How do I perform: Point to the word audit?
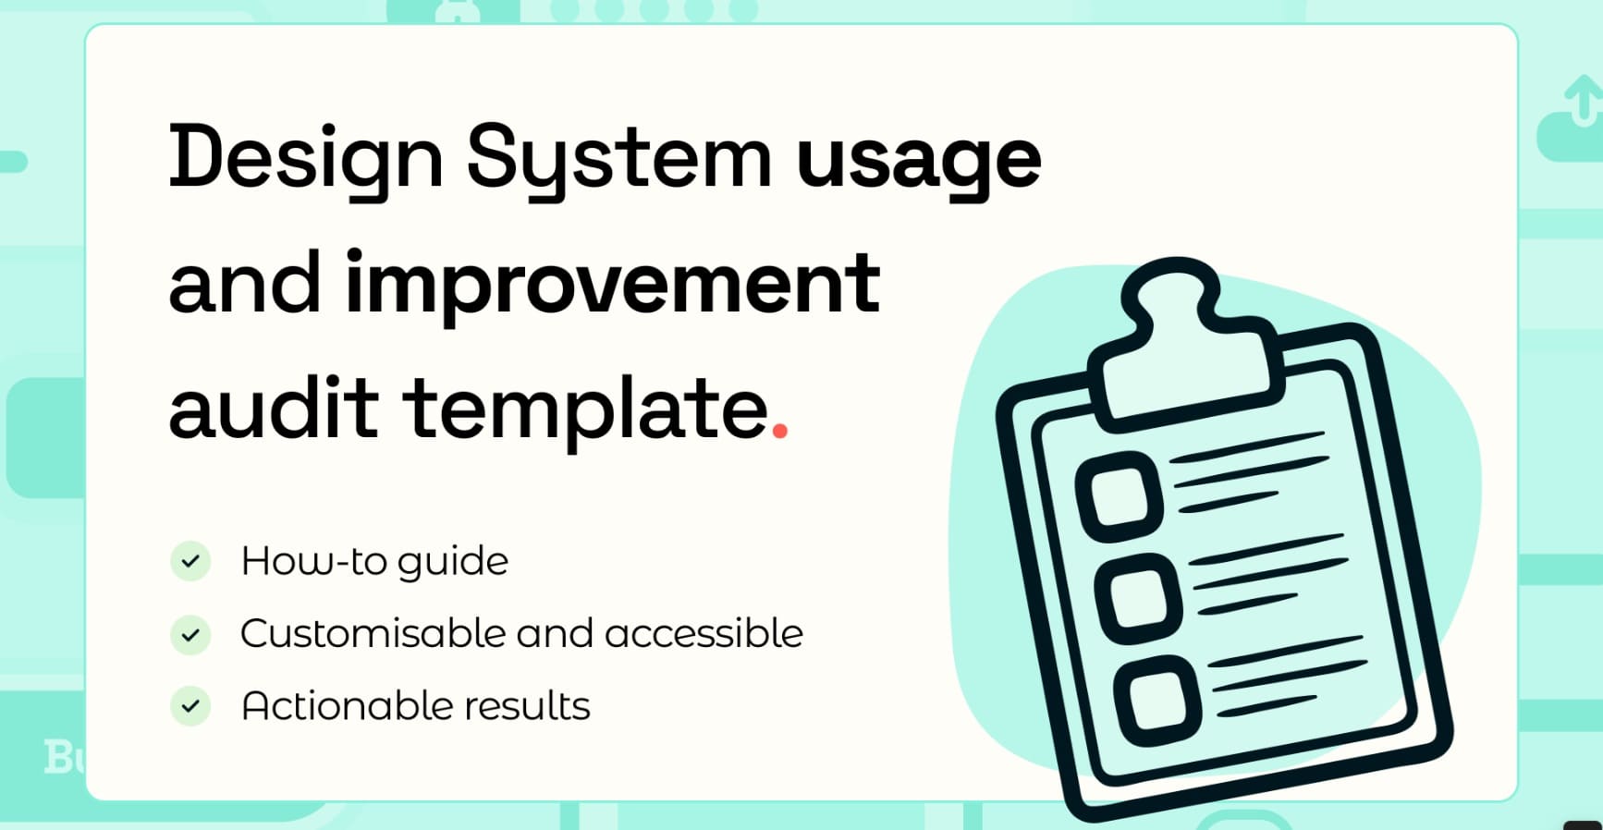tap(274, 407)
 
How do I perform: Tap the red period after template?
tap(779, 430)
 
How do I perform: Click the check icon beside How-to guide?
tap(190, 561)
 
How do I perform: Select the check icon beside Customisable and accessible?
tap(190, 635)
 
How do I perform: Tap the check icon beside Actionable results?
tap(190, 706)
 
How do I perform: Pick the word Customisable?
tap(373, 634)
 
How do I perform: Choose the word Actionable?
tap(348, 706)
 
